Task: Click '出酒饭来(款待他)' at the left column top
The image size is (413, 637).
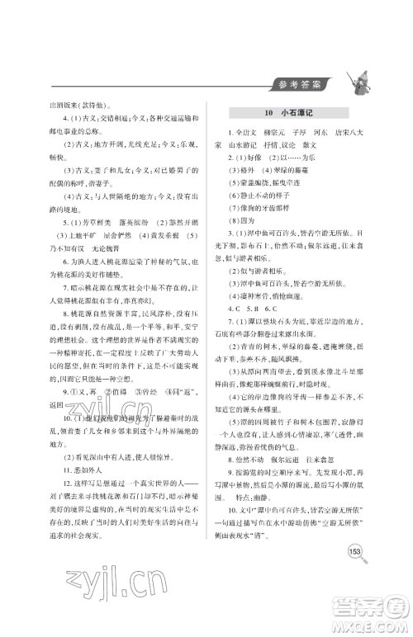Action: pos(85,106)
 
